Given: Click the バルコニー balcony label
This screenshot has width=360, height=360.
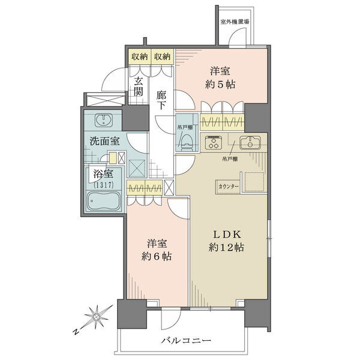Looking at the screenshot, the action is pos(185,340).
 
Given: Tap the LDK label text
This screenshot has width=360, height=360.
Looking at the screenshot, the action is pos(227,235).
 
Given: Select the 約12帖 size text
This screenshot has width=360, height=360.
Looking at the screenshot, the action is pos(226,247).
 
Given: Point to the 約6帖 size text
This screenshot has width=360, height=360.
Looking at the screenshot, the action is pos(157,256).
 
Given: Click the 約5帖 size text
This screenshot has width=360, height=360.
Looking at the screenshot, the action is pos(220,85).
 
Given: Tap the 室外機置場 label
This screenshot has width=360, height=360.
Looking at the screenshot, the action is pos(235,22).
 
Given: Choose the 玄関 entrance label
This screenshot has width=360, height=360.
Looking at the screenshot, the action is pos(139,86).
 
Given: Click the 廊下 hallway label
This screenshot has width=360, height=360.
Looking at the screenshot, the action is pos(161,100).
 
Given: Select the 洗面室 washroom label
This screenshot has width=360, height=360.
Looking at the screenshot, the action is pos(104,141).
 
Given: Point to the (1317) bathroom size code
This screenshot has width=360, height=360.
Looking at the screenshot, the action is pos(104,185).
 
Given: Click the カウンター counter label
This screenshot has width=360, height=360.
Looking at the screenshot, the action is pos(229,187).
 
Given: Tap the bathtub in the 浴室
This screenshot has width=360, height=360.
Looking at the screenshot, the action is pos(104,201).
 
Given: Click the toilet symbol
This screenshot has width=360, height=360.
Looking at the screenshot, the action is pos(187,145).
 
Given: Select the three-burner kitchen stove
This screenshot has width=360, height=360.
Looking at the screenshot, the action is pos(213,142).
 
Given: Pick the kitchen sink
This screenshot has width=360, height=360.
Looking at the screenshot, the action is pos(250,143).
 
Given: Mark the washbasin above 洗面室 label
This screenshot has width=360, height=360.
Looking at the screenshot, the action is pos(104,120).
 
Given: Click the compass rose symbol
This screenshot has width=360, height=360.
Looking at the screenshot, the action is pos(97,317).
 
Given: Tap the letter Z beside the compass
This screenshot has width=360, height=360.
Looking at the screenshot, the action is pos(76,332).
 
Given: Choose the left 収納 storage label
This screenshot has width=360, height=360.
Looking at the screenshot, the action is pos(140,56).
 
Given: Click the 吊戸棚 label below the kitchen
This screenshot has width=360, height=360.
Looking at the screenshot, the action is pos(230,158).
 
